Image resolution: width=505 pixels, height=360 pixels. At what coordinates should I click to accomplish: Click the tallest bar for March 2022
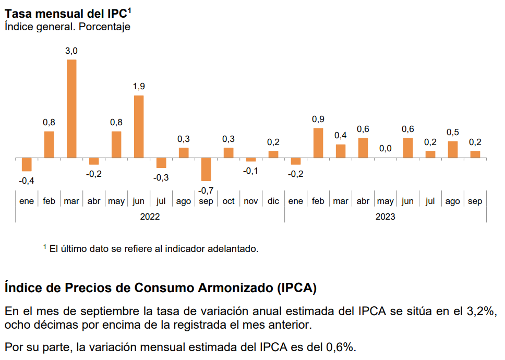[x=71, y=109]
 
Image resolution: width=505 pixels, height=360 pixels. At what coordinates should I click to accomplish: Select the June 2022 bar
[x=139, y=126]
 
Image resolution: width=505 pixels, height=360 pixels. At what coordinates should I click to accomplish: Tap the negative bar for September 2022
[x=206, y=169]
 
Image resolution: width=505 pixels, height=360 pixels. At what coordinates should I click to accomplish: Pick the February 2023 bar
[x=318, y=142]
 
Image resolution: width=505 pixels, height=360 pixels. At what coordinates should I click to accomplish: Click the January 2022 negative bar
[x=27, y=164]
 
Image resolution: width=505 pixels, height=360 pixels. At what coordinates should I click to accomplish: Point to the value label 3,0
[x=71, y=51]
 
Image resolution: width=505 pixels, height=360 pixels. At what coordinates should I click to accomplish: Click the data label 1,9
[x=139, y=87]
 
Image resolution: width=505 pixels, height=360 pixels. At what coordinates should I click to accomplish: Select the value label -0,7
[x=206, y=190]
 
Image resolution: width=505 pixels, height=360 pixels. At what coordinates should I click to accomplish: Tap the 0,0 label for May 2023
[x=386, y=149]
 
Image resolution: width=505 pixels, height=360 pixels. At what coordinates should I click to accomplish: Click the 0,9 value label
[x=318, y=119]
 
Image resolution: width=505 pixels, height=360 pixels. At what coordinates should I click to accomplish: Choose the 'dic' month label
[x=273, y=201]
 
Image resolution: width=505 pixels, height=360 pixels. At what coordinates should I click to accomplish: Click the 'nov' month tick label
[x=251, y=201]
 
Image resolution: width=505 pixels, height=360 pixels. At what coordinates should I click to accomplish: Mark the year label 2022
[x=150, y=217]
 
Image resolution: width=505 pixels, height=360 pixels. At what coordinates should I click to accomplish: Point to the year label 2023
[x=386, y=217]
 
